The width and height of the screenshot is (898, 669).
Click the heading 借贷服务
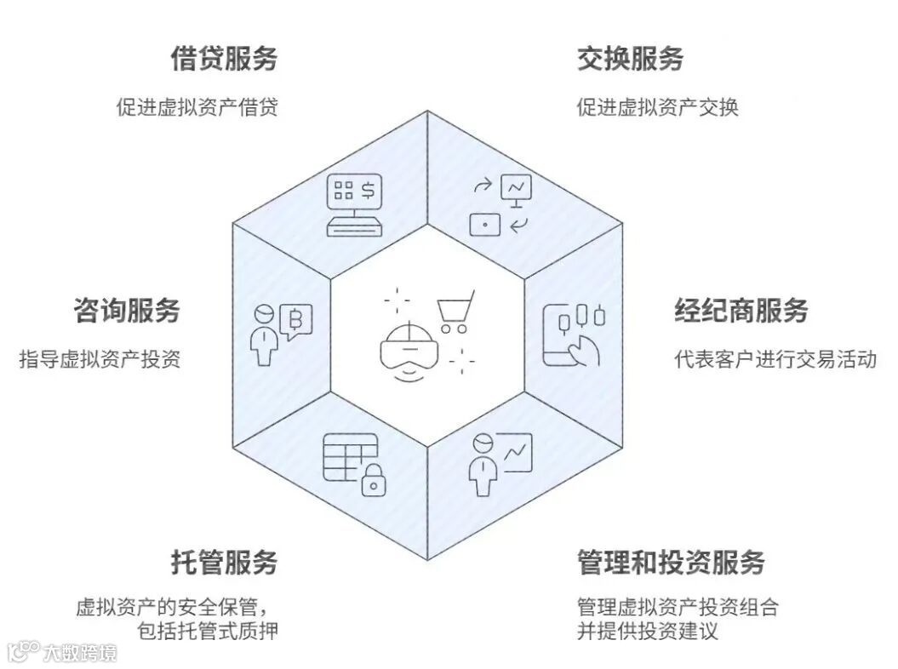pos(224,59)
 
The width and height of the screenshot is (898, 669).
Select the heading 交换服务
pos(630,59)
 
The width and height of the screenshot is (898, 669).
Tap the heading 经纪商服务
pos(741,311)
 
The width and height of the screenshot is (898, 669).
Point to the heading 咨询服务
pos(127,311)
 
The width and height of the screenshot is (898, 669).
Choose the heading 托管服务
pos(224,563)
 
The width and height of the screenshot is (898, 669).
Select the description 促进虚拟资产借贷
pos(197,108)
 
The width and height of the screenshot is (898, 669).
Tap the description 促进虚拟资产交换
pos(657,108)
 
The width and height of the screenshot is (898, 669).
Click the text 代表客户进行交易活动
pos(775,359)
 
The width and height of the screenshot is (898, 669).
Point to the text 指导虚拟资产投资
pos(100,359)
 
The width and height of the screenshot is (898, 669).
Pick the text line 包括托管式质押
pos(207,631)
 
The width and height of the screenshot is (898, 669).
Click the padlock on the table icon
pos(372,481)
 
